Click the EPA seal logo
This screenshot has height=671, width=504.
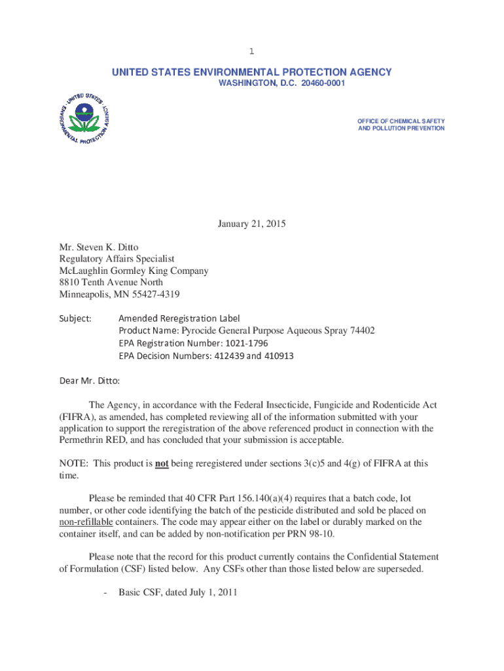point(83,119)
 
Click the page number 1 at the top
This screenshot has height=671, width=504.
point(251,51)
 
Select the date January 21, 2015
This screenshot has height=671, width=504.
point(252,225)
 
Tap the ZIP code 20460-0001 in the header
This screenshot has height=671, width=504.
point(323,84)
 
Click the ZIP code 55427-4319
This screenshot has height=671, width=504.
point(154,294)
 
